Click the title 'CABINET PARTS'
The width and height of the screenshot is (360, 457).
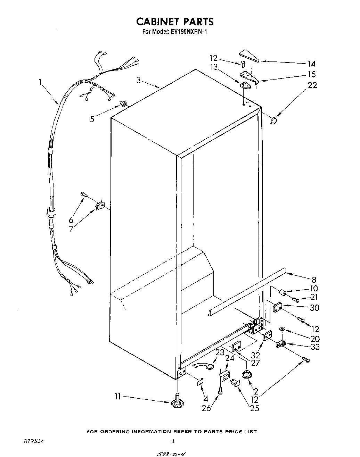point(175,22)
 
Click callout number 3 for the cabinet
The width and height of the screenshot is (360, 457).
point(138,80)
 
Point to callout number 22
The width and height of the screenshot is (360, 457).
point(312,85)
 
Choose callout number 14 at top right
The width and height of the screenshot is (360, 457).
point(311,64)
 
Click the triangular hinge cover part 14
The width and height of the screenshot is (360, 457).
point(249,56)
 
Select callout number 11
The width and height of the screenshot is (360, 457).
point(118,397)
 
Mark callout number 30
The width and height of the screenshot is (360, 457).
point(314,307)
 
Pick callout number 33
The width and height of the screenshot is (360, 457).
point(315,347)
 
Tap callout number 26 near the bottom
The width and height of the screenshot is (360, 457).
point(206,408)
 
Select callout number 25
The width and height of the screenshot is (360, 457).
point(254,408)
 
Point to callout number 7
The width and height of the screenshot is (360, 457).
point(71,230)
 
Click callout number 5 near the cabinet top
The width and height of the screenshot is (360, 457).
point(92,119)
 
